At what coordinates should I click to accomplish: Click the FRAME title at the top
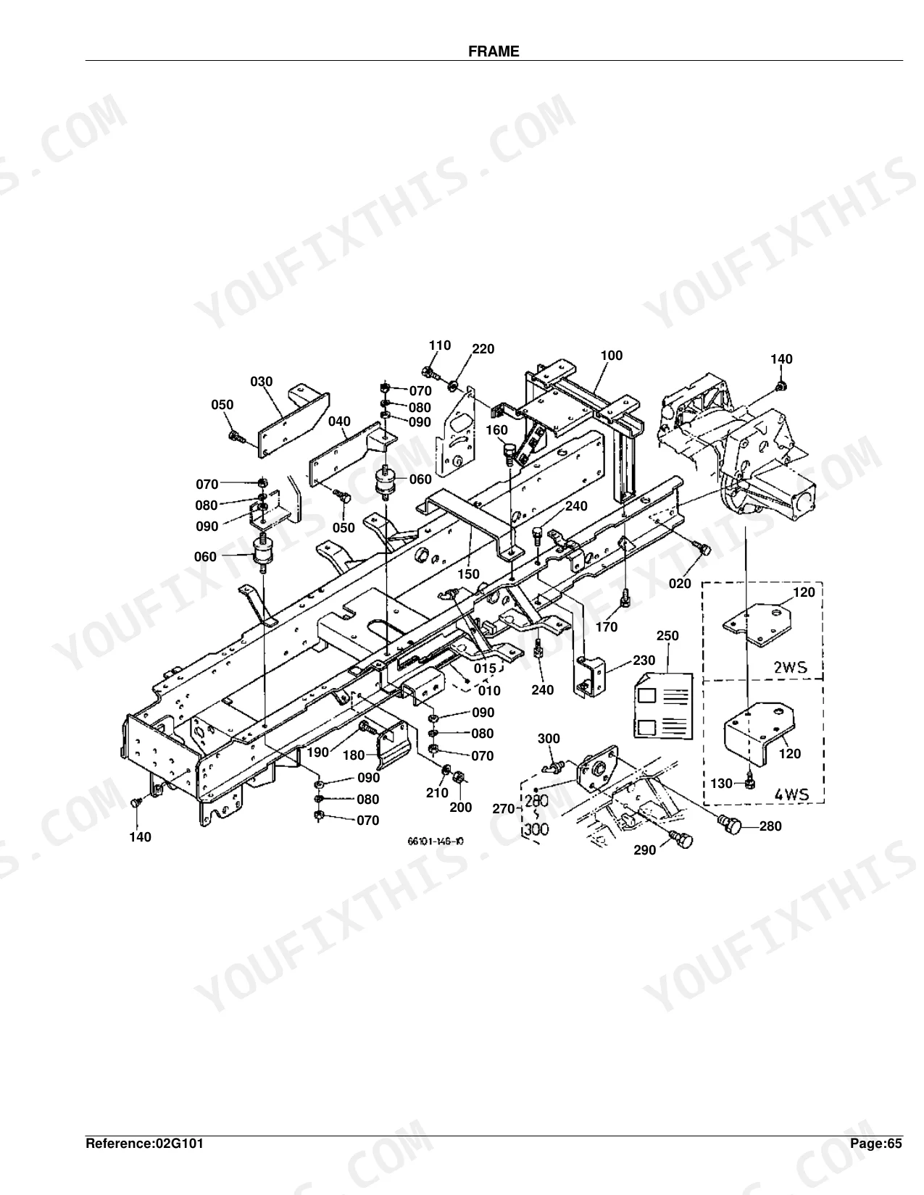(494, 51)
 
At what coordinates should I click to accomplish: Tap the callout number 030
(262, 381)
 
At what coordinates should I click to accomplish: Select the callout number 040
(340, 422)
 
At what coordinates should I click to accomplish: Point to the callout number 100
(612, 356)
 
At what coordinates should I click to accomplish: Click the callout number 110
(440, 345)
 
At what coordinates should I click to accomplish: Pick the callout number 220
(483, 348)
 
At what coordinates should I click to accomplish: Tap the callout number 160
(496, 429)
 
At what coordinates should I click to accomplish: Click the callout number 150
(468, 574)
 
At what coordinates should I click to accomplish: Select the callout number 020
(680, 584)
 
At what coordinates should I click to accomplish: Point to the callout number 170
(607, 626)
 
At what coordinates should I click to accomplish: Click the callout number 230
(644, 660)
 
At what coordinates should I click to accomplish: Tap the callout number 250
(667, 635)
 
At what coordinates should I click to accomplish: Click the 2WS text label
(790, 668)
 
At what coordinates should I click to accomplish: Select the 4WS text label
(791, 794)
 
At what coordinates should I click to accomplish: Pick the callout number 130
(722, 783)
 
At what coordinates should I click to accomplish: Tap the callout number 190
(317, 752)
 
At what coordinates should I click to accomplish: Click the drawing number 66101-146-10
(436, 841)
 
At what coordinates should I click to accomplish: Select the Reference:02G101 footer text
(145, 1144)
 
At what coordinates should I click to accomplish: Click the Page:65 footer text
(876, 1144)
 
